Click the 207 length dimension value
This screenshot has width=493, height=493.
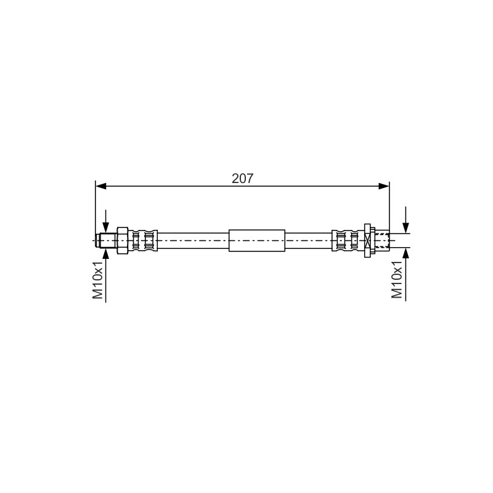click(242, 179)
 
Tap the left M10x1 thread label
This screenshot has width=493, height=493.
click(98, 280)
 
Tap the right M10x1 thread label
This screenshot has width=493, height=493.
click(397, 279)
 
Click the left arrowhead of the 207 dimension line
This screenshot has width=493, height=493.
click(100, 186)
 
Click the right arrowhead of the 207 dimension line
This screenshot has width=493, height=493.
click(384, 186)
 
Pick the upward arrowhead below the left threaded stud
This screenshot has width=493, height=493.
click(105, 253)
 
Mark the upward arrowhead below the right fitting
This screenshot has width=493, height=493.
click(406, 253)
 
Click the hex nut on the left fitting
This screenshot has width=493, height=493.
click(122, 240)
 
